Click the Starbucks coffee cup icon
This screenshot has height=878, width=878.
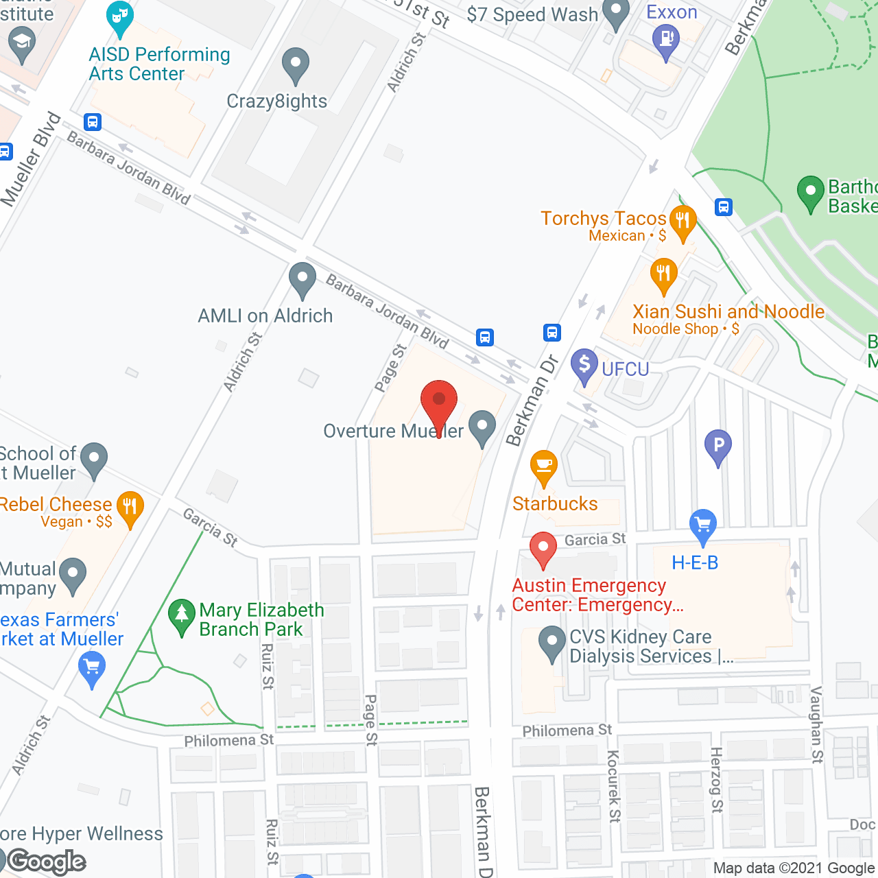tap(543, 466)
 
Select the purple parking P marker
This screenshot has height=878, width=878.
tap(718, 446)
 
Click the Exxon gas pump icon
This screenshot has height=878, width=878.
tap(665, 38)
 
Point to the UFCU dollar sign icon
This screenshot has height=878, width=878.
tap(584, 364)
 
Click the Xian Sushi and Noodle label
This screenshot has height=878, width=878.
tap(728, 312)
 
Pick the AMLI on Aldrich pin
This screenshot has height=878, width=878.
tap(302, 278)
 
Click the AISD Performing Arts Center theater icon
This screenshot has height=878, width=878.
tap(121, 17)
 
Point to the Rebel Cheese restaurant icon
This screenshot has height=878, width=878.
tap(130, 508)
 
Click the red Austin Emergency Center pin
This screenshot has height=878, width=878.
tap(543, 548)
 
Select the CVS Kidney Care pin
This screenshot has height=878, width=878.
tap(552, 642)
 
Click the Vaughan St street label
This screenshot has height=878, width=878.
tap(816, 724)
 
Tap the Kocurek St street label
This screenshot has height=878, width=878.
tap(613, 786)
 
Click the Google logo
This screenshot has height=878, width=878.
tap(47, 862)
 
